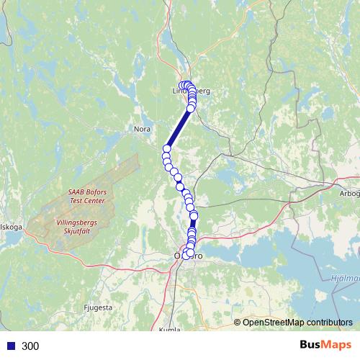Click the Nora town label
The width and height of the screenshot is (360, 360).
(x=142, y=130)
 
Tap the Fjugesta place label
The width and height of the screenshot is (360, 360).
(x=99, y=307)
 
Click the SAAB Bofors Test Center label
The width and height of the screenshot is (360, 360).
(x=86, y=196)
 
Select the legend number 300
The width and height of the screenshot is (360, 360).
(x=30, y=346)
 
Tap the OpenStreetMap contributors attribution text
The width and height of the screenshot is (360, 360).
(x=297, y=323)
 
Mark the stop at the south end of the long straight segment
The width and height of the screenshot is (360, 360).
(x=167, y=149)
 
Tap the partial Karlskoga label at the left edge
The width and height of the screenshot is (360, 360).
(x=11, y=226)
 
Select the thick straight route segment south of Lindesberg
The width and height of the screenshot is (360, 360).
(x=179, y=128)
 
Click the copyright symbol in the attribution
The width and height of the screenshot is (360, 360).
(x=238, y=323)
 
